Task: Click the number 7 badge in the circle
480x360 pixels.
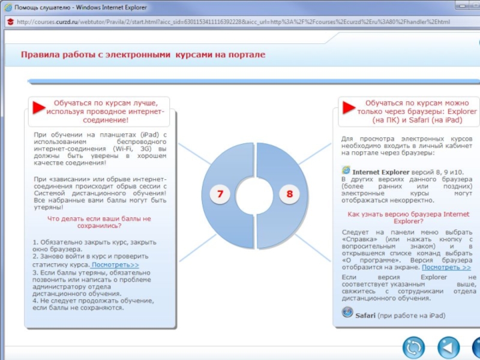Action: pos(220,194)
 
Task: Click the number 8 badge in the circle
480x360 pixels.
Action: pos(290,194)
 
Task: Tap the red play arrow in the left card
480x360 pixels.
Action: pos(39,108)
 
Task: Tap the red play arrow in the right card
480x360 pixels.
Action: pos(349,108)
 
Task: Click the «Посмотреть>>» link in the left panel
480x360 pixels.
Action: pos(115,265)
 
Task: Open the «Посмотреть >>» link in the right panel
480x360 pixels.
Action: pos(446,268)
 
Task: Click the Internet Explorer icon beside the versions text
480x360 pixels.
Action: pos(346,170)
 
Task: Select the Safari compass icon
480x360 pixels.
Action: pos(347,312)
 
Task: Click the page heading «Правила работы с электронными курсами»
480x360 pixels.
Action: pos(143,55)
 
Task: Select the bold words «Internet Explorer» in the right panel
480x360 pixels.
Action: pos(380,172)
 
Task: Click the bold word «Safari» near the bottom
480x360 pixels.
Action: pos(365,315)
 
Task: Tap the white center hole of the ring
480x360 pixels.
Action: pos(255,194)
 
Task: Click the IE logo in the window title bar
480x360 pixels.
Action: pos(8,7)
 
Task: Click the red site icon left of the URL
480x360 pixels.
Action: pos(10,22)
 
